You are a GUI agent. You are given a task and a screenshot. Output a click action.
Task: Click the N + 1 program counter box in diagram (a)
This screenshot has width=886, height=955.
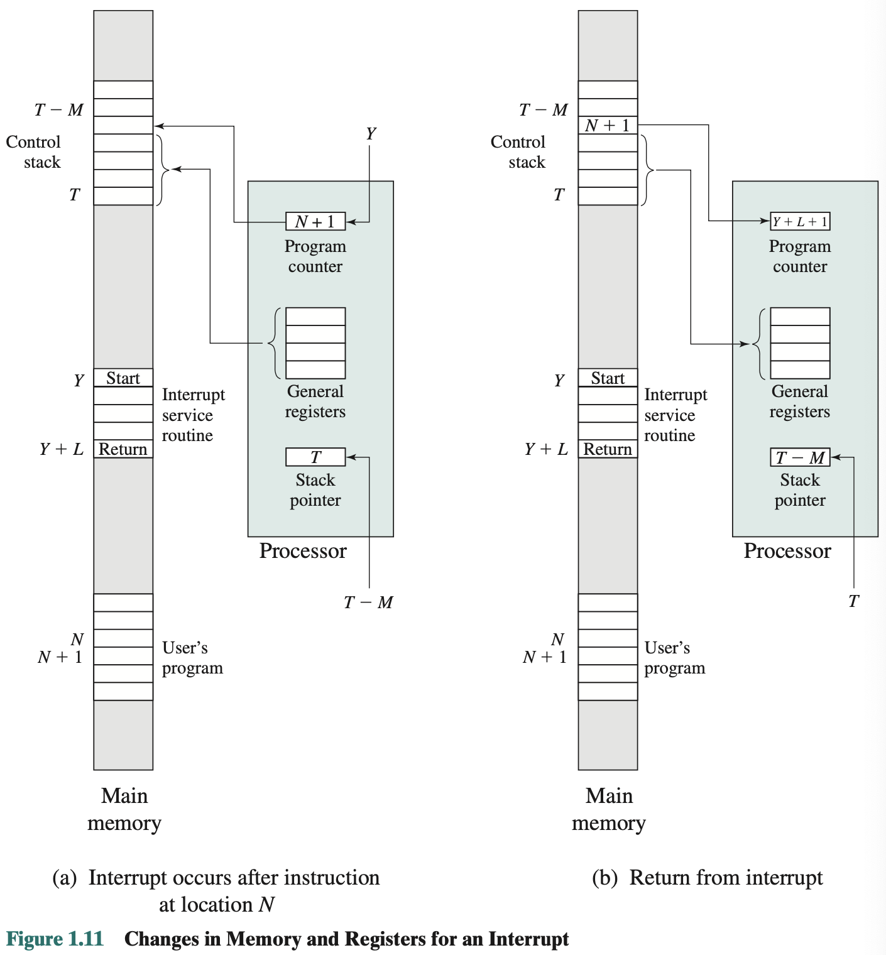click(x=315, y=221)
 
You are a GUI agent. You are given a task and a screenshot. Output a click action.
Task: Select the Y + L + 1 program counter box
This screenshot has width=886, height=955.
click(x=800, y=221)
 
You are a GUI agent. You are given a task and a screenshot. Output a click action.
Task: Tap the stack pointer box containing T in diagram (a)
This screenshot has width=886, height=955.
click(x=315, y=457)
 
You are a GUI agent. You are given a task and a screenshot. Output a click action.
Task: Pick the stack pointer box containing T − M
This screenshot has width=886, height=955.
click(x=800, y=457)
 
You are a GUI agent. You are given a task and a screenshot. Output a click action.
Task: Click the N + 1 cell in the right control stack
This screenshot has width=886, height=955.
click(x=608, y=125)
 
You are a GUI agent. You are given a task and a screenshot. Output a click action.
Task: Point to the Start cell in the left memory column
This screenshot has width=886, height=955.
click(x=123, y=378)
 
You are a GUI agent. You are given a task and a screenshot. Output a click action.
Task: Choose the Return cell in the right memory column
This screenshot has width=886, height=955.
click(x=608, y=449)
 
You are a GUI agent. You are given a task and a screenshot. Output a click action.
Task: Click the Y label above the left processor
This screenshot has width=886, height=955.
click(x=371, y=133)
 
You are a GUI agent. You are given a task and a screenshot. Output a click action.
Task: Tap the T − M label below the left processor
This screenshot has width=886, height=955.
click(x=368, y=602)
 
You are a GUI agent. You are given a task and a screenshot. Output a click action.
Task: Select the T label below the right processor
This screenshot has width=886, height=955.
click(x=853, y=601)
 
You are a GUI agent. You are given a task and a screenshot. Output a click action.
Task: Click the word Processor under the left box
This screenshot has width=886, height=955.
click(x=303, y=551)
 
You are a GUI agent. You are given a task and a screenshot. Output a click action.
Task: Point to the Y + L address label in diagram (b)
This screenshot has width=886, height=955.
click(x=546, y=449)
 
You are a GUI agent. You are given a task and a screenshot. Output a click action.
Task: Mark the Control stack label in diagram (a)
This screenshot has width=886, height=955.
click(x=34, y=151)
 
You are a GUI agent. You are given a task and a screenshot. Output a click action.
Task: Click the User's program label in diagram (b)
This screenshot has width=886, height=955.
click(x=674, y=657)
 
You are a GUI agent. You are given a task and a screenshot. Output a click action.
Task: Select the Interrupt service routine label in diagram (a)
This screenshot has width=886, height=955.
click(x=193, y=415)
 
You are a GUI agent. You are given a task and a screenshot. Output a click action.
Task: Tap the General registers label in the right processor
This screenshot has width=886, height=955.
click(x=800, y=401)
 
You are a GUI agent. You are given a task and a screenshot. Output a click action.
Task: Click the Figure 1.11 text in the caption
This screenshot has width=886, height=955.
click(x=55, y=939)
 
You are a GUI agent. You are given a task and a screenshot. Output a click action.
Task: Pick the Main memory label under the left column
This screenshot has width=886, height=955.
click(x=124, y=809)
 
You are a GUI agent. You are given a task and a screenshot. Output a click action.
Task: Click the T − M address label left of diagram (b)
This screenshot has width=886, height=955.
click(x=544, y=109)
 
